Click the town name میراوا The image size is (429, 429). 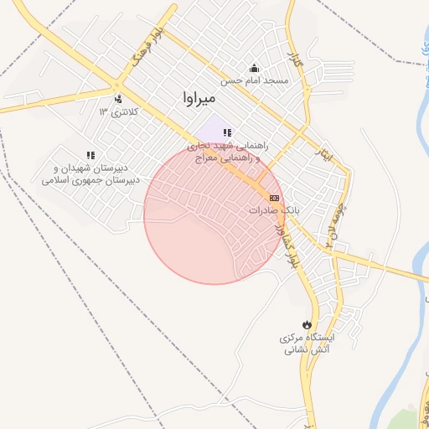(x=202, y=98)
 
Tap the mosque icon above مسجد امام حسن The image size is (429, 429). (x=255, y=69)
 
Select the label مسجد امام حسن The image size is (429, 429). (x=255, y=81)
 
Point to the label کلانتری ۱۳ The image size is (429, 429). (x=117, y=111)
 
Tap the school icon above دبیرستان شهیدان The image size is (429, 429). (x=90, y=154)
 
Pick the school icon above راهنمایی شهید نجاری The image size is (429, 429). (x=226, y=132)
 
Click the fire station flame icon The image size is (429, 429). (x=308, y=324)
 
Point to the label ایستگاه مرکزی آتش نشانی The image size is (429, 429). (x=308, y=344)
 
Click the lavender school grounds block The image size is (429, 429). (x=214, y=127)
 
